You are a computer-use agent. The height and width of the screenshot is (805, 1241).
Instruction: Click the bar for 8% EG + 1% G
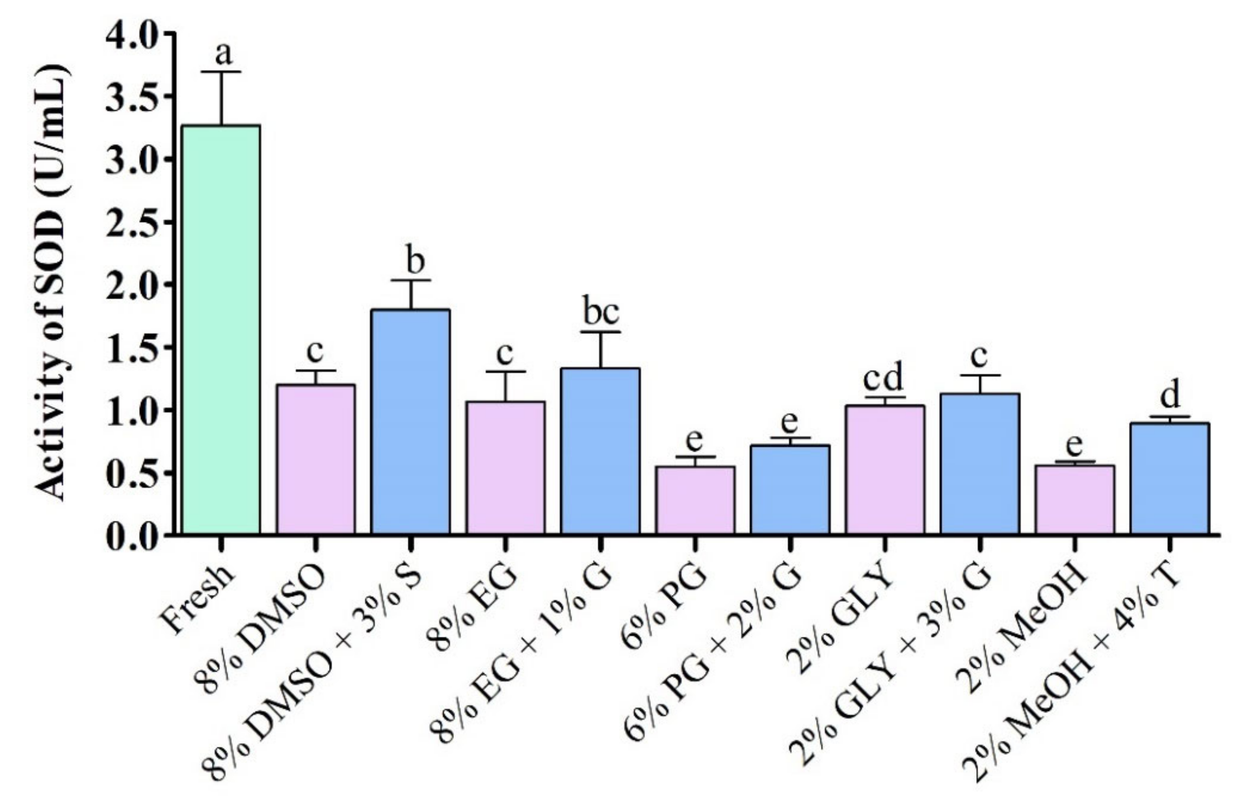click(x=601, y=451)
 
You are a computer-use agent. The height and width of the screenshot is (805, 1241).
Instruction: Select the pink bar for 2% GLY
click(x=885, y=470)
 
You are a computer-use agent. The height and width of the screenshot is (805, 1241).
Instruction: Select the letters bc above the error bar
click(x=601, y=312)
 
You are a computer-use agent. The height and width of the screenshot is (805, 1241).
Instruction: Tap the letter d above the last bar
click(x=1170, y=396)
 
